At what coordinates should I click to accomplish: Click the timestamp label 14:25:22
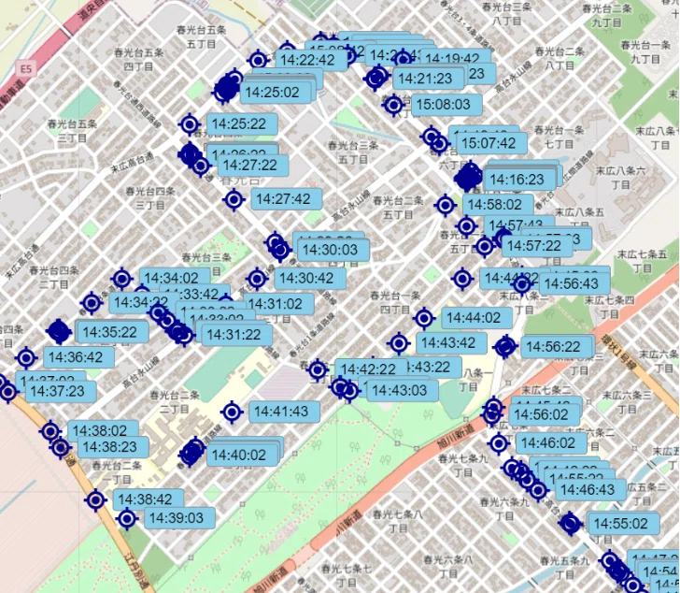[x=238, y=123]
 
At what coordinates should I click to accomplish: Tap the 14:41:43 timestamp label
[x=280, y=412]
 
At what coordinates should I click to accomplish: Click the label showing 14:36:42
[x=74, y=357]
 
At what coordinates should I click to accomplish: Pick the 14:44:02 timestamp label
[x=473, y=318]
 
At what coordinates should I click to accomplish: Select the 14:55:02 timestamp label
[x=620, y=524]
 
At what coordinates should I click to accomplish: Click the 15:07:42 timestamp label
[x=489, y=143]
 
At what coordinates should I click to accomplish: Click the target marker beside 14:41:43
[x=233, y=412]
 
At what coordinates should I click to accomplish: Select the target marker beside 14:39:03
[x=128, y=518]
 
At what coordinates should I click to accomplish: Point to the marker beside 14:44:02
[x=424, y=318]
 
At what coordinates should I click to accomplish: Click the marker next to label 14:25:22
[x=190, y=123]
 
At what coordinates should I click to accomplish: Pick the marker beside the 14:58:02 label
[x=446, y=205]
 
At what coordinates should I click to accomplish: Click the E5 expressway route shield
[x=25, y=68]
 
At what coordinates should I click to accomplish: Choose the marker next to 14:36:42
[x=26, y=357]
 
